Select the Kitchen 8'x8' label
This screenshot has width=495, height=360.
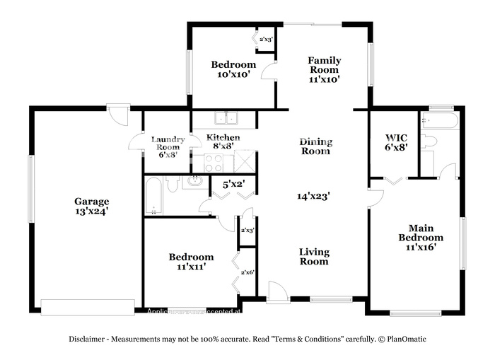point(223,141)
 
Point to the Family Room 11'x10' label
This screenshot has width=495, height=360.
point(324,70)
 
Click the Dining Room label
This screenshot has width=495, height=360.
point(316,146)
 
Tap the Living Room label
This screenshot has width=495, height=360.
point(313,256)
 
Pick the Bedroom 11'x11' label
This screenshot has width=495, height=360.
point(191,262)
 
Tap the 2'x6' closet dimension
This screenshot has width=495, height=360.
point(248,272)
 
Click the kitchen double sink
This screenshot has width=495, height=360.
point(227,118)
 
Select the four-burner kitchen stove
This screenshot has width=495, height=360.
point(214,163)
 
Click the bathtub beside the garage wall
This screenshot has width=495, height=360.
point(153,195)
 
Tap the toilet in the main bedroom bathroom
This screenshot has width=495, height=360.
point(430,141)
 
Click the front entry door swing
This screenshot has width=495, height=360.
point(278,292)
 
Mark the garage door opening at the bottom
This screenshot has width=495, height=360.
point(88,306)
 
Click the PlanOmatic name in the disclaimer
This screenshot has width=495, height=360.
point(405,339)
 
